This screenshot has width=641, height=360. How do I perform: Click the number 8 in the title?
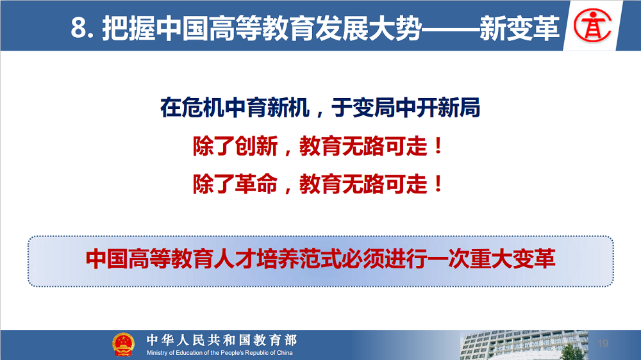coord(79,28)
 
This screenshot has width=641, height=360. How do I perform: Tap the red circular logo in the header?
coord(592,26)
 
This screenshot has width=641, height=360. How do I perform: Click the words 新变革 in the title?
coord(519,29)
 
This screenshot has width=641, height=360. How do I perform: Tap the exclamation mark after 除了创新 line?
coord(438,146)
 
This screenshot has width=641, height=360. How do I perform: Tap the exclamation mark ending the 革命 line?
coord(438,183)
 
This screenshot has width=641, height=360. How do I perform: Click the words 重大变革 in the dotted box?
coord(512,259)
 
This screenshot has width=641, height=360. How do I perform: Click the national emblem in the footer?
coord(123,345)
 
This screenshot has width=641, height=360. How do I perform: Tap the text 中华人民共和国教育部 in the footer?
coord(222,340)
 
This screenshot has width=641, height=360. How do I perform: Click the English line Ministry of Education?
coord(219,353)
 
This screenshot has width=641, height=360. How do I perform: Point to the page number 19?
coord(603,343)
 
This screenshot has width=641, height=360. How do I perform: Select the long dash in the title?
coord(451,29)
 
